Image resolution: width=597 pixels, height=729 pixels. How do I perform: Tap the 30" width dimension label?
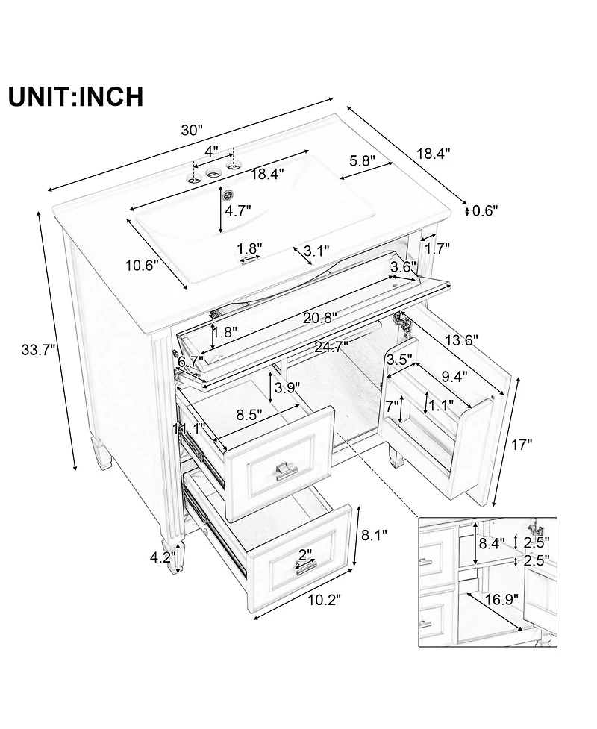192,130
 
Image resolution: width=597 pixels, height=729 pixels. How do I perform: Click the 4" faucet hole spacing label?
212,150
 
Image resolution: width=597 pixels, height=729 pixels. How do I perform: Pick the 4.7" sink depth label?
239,211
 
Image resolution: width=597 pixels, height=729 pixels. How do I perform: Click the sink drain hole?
230,195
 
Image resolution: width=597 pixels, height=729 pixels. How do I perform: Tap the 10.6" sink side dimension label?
141,265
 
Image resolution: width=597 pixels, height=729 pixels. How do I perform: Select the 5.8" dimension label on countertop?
362,160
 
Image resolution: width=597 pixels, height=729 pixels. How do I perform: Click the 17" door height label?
522,445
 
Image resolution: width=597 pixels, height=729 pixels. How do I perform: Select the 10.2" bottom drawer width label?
323,599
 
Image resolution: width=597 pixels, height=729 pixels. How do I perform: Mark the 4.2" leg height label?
163,556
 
